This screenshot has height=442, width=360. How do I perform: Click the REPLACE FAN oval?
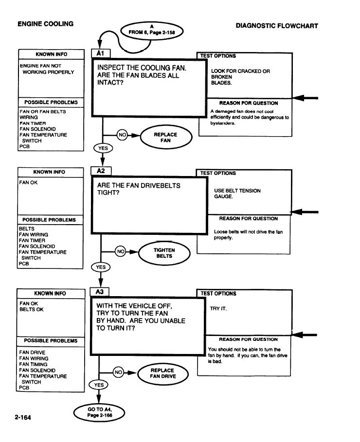pyautogui.click(x=166, y=137)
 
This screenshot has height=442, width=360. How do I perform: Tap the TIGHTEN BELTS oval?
pyautogui.click(x=164, y=253)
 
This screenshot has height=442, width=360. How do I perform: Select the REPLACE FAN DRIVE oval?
pyautogui.click(x=163, y=373)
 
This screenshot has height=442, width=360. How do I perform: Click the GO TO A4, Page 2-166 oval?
pyautogui.click(x=99, y=412)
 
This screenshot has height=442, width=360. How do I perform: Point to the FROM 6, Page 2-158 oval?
pyautogui.click(x=152, y=31)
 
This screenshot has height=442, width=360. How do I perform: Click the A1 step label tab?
pyautogui.click(x=101, y=53)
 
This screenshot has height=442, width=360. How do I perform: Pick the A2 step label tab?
pyautogui.click(x=101, y=171)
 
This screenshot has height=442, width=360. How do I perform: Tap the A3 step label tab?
pyautogui.click(x=99, y=292)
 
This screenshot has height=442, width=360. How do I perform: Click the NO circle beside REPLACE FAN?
pyautogui.click(x=122, y=135)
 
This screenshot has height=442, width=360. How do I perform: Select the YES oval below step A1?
pyautogui.click(x=103, y=148)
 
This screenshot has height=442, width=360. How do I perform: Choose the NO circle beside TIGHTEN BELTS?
pyautogui.click(x=121, y=251)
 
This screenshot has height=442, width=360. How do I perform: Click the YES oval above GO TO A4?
pyautogui.click(x=99, y=385)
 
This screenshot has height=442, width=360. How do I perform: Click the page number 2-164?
pyautogui.click(x=23, y=418)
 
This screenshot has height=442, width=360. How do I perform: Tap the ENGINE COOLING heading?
pyautogui.click(x=45, y=24)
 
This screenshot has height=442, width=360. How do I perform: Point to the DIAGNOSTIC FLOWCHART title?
pyautogui.click(x=277, y=26)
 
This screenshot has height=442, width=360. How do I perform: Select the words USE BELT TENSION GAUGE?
pyautogui.click(x=237, y=194)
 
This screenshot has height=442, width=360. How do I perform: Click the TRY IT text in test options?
pyautogui.click(x=218, y=309)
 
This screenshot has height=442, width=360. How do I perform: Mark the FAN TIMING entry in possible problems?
pyautogui.click(x=33, y=365)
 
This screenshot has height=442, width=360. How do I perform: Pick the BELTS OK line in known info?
pyautogui.click(x=31, y=310)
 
